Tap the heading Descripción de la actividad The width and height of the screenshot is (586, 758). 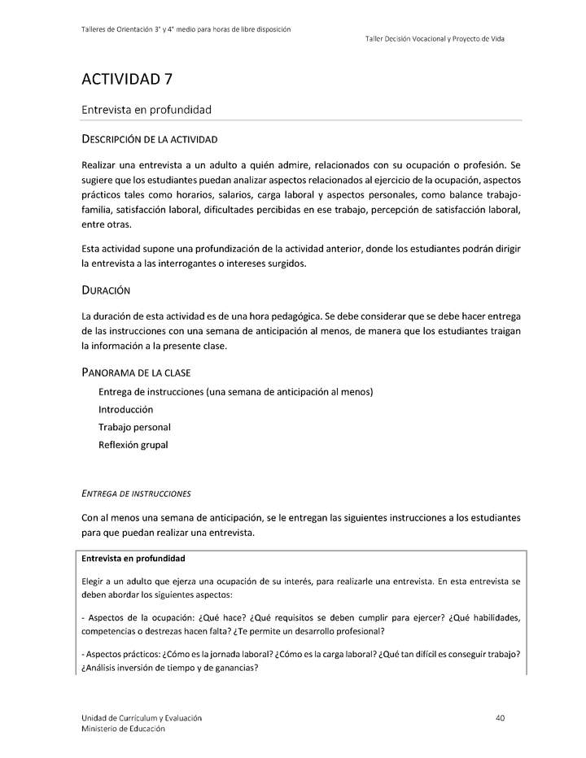pos(149,140)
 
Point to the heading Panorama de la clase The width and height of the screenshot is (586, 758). pos(136,372)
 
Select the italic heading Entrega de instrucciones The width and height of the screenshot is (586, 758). pos(136,493)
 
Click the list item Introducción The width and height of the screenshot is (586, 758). pos(125,409)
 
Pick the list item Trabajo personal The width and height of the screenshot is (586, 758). pos(134,427)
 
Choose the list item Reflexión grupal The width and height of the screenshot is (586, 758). pos(133,445)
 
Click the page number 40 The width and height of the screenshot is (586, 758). pos(500,718)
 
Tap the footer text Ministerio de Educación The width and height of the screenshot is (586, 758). pos(123,729)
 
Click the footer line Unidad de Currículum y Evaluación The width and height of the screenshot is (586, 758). pos(142,718)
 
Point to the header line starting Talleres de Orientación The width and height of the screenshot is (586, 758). pos(186,29)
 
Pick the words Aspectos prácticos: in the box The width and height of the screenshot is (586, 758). pos(122,655)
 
